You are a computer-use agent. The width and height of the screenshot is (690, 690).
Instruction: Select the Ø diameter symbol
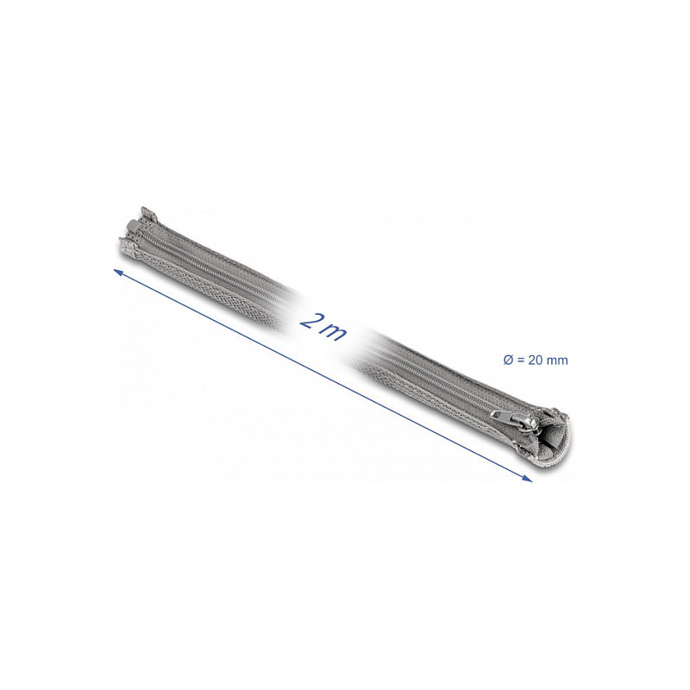pos(508,360)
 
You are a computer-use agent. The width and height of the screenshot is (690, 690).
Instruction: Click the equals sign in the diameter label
pos(521,361)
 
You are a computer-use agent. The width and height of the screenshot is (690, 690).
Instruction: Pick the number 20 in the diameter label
pos(535,360)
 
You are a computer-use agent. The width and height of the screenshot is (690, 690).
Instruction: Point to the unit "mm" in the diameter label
pos(556,361)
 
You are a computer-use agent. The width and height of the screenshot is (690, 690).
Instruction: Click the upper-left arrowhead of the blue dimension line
pos(118,273)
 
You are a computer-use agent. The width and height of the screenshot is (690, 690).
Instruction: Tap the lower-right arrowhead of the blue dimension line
pos(527,479)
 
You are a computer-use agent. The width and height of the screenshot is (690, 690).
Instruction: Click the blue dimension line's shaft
pos(323,375)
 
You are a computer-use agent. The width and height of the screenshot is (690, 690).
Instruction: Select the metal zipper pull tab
pos(505,415)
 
